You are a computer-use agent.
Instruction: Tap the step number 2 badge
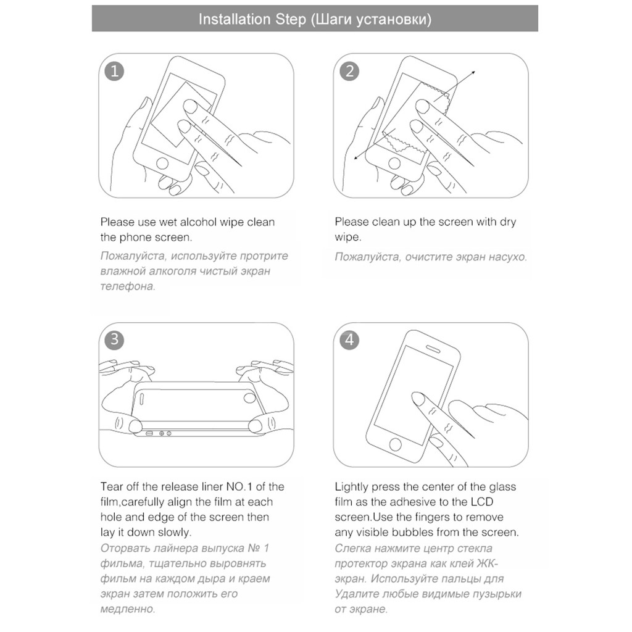pyautogui.click(x=350, y=72)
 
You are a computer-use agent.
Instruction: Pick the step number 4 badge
pyautogui.click(x=350, y=340)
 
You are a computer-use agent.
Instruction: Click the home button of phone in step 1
pyautogui.click(x=162, y=164)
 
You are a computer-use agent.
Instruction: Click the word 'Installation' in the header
pyautogui.click(x=235, y=19)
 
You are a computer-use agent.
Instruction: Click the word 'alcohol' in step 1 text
pyautogui.click(x=203, y=222)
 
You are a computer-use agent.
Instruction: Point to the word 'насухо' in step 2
pyautogui.click(x=507, y=257)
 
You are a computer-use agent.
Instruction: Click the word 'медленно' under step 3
pyautogui.click(x=127, y=609)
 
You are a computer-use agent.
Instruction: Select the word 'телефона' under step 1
pyautogui.click(x=127, y=286)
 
